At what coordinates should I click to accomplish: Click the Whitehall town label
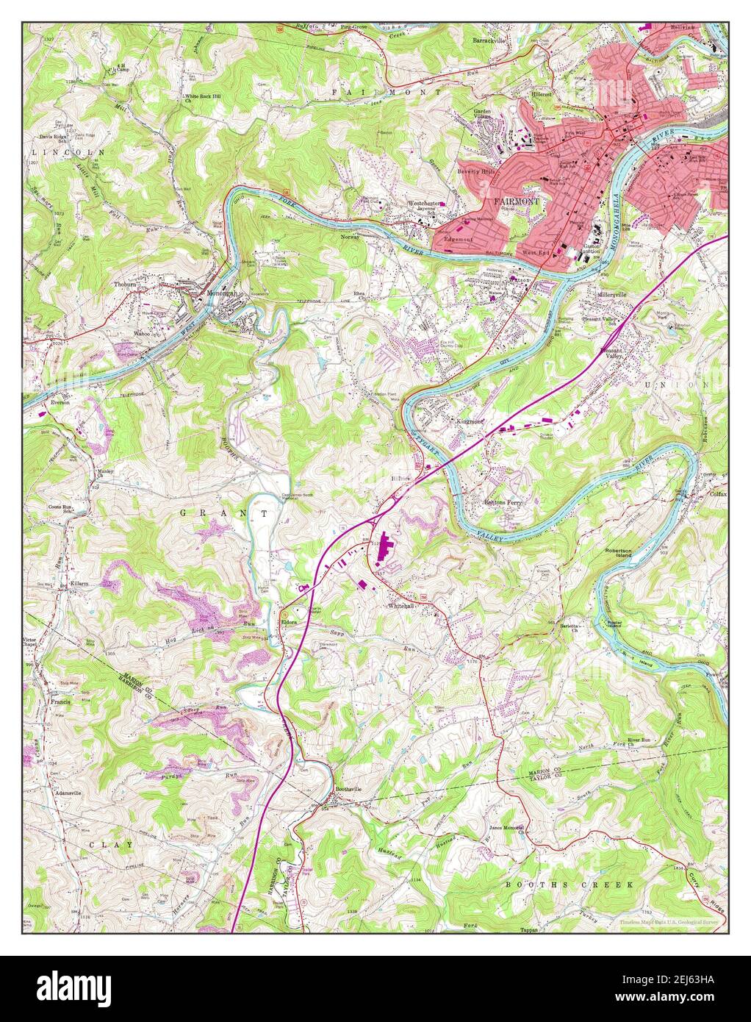(x=402, y=606)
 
